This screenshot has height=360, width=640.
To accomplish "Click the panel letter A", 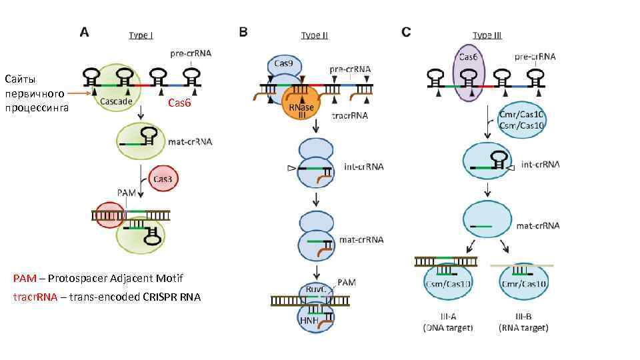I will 85,31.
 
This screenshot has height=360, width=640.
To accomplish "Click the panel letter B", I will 243,31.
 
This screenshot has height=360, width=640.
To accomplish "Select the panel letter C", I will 407,31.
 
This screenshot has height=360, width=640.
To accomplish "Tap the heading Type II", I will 314,35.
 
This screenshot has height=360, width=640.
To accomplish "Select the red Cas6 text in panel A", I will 179,103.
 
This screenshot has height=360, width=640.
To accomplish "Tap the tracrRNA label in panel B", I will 351,115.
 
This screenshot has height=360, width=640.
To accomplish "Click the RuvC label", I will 317,290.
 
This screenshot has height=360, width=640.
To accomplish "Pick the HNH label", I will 309,320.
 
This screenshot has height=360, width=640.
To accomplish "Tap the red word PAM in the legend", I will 24,278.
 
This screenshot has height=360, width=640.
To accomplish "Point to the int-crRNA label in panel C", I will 540,164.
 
